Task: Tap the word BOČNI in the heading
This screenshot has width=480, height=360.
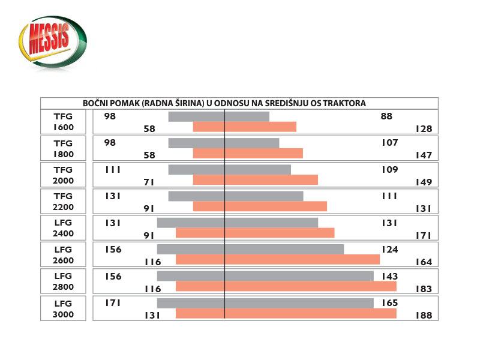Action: click(x=96, y=103)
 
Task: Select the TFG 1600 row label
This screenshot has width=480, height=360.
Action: click(x=63, y=122)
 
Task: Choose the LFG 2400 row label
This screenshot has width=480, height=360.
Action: click(x=63, y=229)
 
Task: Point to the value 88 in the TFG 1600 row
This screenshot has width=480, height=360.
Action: click(x=386, y=116)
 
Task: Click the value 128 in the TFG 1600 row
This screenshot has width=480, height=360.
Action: click(x=424, y=128)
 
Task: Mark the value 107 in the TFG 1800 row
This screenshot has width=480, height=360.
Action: click(x=389, y=143)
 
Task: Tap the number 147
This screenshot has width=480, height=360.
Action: click(x=424, y=155)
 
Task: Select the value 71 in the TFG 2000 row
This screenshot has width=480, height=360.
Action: click(x=149, y=182)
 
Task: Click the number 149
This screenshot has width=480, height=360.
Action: click(x=424, y=182)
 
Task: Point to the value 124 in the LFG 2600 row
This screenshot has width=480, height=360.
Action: click(x=389, y=249)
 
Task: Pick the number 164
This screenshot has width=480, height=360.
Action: click(x=424, y=262)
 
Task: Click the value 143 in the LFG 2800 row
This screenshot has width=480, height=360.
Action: click(x=389, y=276)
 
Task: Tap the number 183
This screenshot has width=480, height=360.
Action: click(x=424, y=289)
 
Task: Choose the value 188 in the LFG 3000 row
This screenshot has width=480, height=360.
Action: click(x=424, y=315)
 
